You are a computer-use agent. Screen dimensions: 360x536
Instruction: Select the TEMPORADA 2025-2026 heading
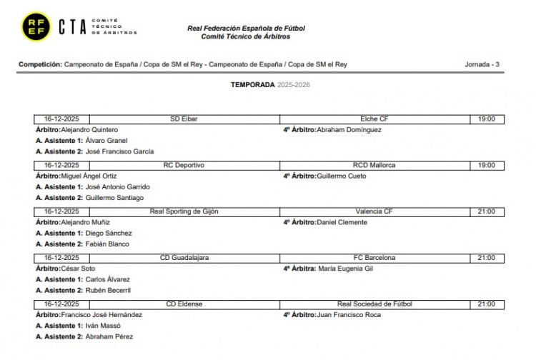(x=270, y=84)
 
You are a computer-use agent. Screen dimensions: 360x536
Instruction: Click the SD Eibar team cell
(x=184, y=119)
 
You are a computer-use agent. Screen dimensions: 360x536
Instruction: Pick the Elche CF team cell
(x=374, y=119)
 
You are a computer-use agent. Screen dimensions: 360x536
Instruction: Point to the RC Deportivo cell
(x=184, y=165)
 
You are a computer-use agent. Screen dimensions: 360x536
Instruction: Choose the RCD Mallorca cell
(x=374, y=165)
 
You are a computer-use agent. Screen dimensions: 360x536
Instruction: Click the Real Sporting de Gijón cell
(x=184, y=211)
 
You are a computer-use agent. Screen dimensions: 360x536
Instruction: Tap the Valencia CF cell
(x=374, y=211)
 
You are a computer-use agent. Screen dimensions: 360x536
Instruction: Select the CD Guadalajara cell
(x=184, y=257)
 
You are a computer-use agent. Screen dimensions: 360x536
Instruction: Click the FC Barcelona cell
(x=374, y=257)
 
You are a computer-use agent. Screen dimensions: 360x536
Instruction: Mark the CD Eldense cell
(x=184, y=304)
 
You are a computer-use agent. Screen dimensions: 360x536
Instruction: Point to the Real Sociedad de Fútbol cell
(x=374, y=304)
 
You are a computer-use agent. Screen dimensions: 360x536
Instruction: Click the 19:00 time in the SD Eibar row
(x=486, y=119)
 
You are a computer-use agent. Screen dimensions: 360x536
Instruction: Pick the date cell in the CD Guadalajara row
(x=61, y=257)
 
